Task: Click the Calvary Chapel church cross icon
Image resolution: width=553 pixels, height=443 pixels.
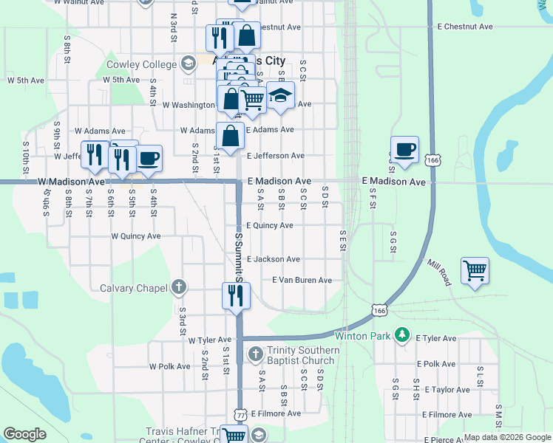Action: pos(178,287)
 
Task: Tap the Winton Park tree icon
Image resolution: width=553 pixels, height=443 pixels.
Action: pos(402,335)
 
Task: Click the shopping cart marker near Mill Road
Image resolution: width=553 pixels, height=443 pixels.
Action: pos(474,270)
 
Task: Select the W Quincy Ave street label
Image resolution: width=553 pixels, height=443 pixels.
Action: pos(135,236)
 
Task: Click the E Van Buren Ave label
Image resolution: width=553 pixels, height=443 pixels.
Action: pos(302,281)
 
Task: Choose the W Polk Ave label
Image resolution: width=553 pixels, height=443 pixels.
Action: pos(169,366)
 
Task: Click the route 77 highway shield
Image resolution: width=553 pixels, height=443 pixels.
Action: pos(240,415)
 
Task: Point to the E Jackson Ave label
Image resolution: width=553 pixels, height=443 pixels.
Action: pos(273,259)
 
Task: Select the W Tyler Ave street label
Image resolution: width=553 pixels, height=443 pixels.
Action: pos(209,340)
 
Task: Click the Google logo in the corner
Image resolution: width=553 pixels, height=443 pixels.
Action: pos(24,434)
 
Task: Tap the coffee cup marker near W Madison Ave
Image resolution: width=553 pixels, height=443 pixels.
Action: pos(149,158)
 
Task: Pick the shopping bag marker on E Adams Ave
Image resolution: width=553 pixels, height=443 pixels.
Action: pos(231,136)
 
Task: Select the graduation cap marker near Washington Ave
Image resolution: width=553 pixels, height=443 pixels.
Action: pos(280,95)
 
